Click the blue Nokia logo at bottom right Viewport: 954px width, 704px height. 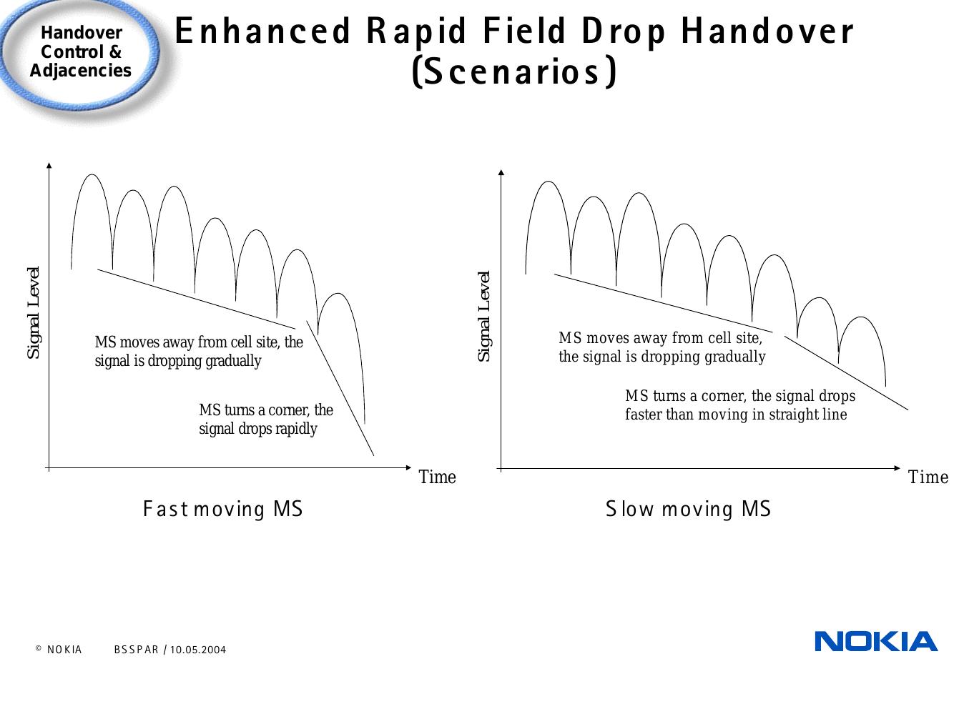875,641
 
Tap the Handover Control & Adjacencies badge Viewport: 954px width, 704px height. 80,52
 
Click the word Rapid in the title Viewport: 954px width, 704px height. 417,31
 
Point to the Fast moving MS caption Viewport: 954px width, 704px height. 223,510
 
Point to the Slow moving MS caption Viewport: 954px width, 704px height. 688,510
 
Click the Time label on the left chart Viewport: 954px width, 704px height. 437,477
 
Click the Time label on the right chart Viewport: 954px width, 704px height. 928,477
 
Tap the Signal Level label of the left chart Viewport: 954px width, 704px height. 33,313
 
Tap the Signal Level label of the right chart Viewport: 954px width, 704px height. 484,316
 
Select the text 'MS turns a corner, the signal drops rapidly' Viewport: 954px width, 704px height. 265,420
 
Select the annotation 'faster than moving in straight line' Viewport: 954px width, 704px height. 735,415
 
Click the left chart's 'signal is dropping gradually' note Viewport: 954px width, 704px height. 178,361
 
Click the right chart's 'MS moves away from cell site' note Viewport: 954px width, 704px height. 660,337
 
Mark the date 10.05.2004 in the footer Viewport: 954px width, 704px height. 197,650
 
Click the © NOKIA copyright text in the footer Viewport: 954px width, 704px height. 59,650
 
